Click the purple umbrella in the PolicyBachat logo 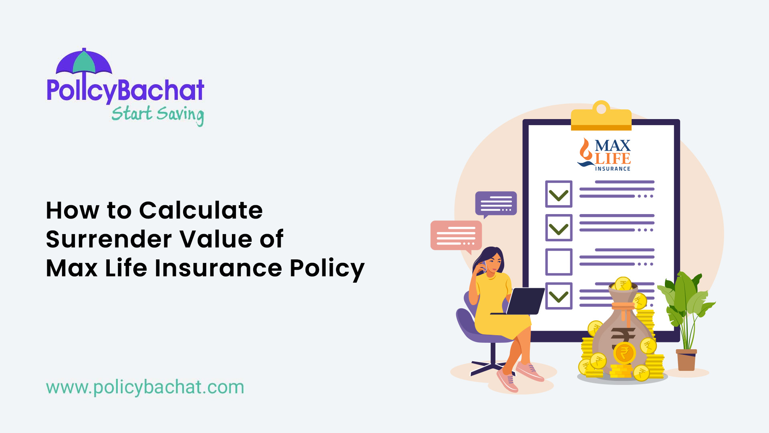click(84, 63)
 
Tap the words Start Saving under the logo click(157, 114)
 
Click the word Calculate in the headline click(201, 210)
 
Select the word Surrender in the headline click(109, 239)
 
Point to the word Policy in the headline click(327, 268)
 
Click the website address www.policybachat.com click(145, 387)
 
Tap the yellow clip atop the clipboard click(601, 117)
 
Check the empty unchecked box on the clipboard click(559, 262)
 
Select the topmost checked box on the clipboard click(559, 194)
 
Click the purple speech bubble click(496, 203)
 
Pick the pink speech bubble click(456, 236)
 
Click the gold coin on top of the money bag click(623, 284)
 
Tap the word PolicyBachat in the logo click(125, 91)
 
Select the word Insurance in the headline click(218, 268)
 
